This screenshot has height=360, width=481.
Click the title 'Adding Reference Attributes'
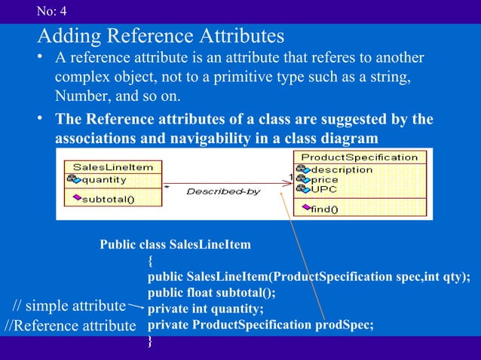point(160,35)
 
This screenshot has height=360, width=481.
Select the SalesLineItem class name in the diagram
point(112,166)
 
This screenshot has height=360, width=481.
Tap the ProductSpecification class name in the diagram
point(359,157)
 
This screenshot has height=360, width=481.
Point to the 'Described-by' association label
point(222,191)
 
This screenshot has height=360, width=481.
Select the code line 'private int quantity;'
point(205,309)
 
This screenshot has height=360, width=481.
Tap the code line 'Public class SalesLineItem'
point(175,246)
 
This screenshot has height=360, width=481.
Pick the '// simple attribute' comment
point(69,306)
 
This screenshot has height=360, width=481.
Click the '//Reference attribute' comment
point(69,325)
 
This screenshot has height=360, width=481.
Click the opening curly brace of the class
point(151,261)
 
